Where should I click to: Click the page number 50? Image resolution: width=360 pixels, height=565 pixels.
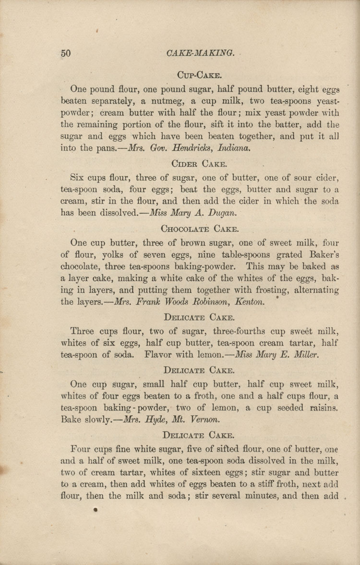coord(66,53)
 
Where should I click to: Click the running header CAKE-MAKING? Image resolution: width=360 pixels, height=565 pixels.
coord(194,53)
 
